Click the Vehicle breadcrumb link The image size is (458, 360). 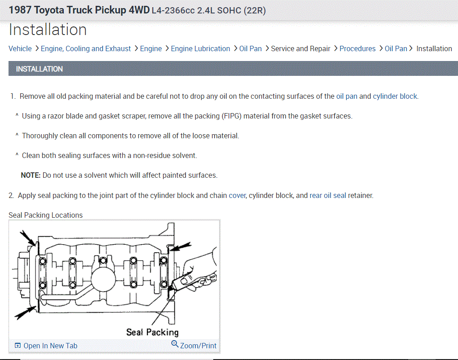pos(20,48)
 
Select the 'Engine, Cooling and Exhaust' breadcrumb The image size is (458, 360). pos(86,48)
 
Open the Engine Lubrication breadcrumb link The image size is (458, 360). pos(200,48)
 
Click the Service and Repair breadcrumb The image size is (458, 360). pos(300,48)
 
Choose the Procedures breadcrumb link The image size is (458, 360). pos(357,48)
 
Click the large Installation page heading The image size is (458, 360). pos(48,30)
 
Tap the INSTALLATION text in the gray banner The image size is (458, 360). pos(40,69)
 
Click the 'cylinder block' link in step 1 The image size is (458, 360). pos(395,96)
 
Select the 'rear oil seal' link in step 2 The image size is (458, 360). pos(328,195)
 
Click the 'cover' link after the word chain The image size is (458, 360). pos(237,195)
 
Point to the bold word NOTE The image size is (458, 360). pos(31,175)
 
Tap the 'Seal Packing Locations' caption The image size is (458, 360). pos(46,215)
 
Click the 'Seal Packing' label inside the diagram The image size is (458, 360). pos(152,332)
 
